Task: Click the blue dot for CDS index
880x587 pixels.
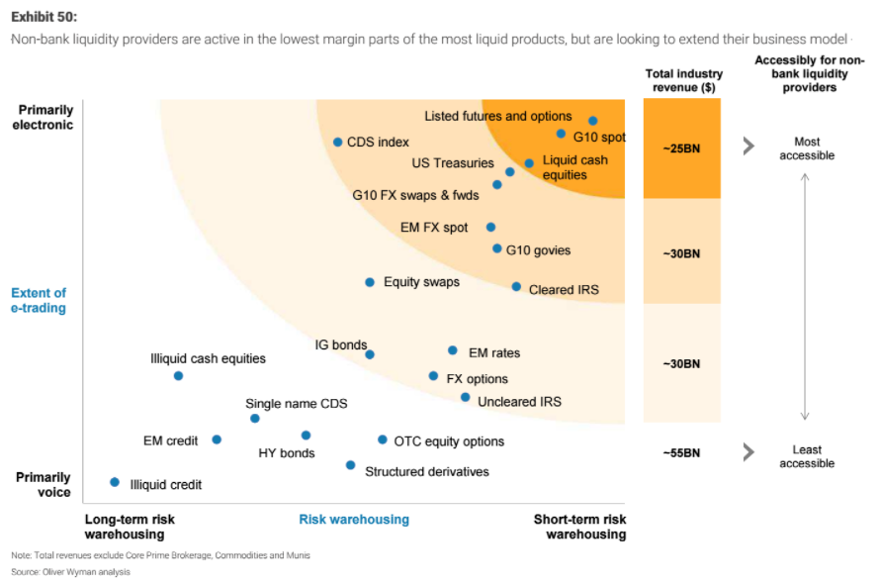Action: tap(337, 142)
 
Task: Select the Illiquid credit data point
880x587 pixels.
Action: tap(115, 482)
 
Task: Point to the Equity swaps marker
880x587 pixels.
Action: tap(370, 282)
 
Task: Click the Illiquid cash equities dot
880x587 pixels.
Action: tap(178, 375)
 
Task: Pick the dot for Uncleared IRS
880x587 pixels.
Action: tap(465, 397)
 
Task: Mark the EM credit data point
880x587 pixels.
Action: tap(217, 440)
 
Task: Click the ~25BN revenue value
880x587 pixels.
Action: tap(682, 148)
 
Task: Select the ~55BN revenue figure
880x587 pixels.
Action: tap(682, 453)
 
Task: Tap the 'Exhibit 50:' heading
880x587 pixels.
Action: tap(44, 17)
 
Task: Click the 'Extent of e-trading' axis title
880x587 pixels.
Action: tap(39, 300)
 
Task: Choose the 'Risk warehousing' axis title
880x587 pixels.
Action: tap(354, 520)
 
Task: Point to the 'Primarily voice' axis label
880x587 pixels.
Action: tap(44, 484)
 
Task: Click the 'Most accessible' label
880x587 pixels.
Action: tap(807, 148)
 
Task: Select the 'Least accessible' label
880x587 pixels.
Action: tap(807, 456)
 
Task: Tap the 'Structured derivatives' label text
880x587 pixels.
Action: tap(427, 472)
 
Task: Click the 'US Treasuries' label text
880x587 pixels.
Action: tap(453, 163)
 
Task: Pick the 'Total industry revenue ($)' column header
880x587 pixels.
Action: tap(683, 80)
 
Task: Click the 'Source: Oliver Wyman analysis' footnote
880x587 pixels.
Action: tap(70, 572)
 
